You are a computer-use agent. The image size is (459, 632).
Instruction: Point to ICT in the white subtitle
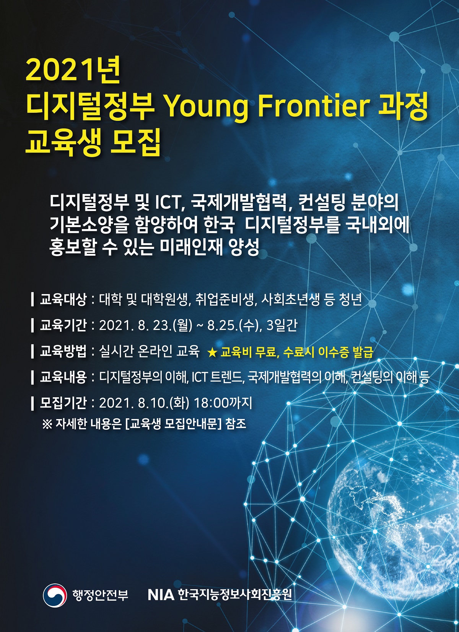click(x=167, y=203)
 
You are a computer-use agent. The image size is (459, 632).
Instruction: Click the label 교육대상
click(x=63, y=299)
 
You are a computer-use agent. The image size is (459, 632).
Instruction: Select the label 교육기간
click(x=63, y=325)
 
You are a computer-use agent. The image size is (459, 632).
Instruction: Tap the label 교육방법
click(x=63, y=351)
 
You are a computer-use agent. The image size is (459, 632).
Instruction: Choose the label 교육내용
click(x=63, y=377)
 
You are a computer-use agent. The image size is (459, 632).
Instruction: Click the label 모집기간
click(x=63, y=403)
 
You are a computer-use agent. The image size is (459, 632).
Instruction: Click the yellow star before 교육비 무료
click(x=212, y=352)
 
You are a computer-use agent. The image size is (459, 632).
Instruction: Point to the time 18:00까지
click(x=223, y=403)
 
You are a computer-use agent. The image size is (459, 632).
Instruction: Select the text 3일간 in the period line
click(x=282, y=325)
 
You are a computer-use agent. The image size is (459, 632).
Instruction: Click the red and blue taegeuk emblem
click(x=55, y=595)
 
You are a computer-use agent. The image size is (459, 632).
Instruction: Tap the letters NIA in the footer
click(x=161, y=595)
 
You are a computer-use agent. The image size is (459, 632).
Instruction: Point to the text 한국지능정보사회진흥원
click(x=235, y=595)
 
